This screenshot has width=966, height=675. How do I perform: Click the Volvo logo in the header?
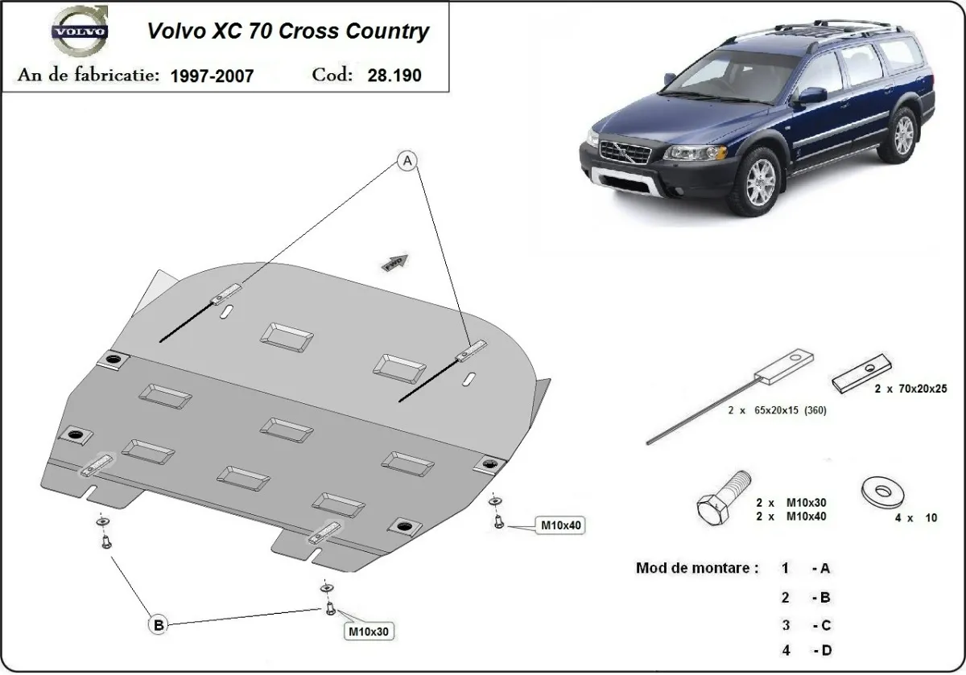[x=79, y=33]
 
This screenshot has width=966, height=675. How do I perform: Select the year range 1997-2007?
[x=212, y=76]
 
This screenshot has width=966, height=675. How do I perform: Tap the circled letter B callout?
[x=159, y=624]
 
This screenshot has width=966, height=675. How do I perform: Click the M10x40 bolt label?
[x=560, y=525]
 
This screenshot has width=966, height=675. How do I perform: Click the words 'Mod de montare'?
[x=696, y=568]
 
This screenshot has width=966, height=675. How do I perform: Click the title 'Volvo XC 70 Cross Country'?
[x=287, y=31]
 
